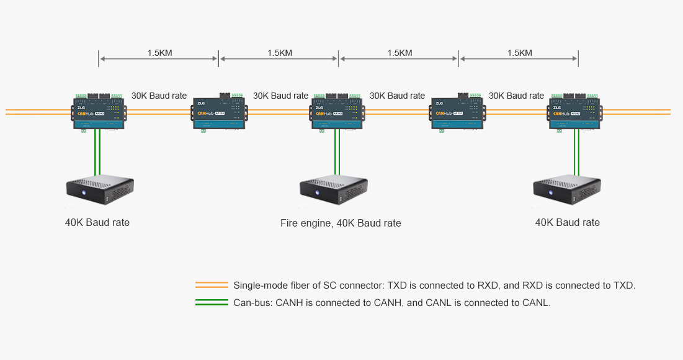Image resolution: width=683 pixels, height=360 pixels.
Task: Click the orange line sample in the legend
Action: pos(212,286)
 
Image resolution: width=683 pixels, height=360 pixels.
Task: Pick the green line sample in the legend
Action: pos(212,303)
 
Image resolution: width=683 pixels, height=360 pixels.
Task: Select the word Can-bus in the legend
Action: pos(251,303)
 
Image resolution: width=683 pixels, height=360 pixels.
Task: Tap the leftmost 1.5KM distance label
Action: pos(159,53)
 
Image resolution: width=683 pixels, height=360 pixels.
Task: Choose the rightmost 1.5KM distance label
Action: pos(519,53)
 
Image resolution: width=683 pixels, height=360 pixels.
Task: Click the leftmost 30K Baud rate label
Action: pos(159,96)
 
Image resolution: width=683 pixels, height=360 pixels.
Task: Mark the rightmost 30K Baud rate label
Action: pos(516,96)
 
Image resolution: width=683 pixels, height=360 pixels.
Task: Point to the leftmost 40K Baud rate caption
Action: pos(97,222)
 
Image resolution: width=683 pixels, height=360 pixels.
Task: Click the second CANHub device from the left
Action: pos(220,113)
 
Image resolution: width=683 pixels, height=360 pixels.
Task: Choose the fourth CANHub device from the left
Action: pos(457,113)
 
